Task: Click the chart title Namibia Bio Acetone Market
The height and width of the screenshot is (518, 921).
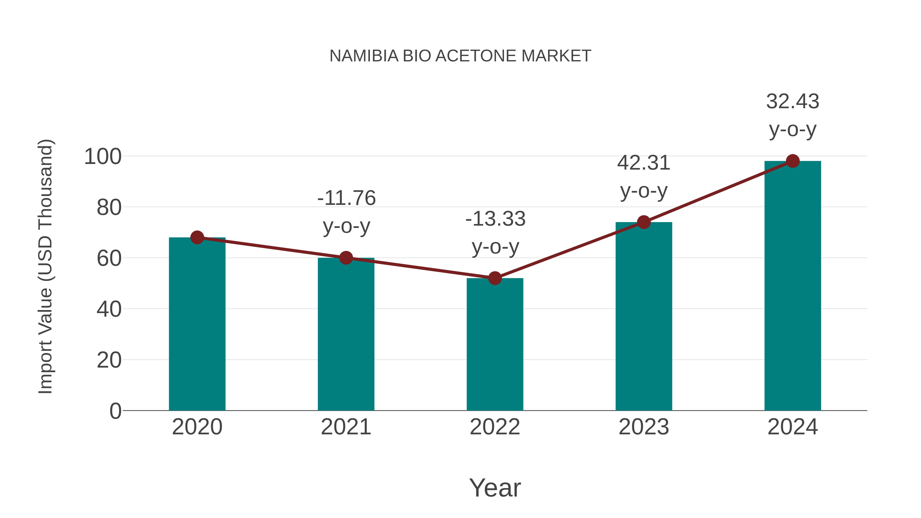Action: point(460,56)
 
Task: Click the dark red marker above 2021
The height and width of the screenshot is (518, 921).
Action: point(346,258)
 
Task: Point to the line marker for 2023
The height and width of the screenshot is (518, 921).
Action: point(644,222)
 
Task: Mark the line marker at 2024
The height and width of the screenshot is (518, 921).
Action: point(793,161)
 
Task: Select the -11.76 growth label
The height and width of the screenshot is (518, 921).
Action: point(346,198)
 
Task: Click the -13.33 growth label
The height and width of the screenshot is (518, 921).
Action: point(495,219)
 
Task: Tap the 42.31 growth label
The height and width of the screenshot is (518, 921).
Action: point(644,163)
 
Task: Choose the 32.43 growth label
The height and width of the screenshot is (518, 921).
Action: point(793,102)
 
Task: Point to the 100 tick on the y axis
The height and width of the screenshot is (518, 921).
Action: point(103,157)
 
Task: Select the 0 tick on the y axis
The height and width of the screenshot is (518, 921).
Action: point(115,411)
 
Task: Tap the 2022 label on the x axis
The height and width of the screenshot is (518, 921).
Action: point(495,427)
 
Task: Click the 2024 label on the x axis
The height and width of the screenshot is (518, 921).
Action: point(793,427)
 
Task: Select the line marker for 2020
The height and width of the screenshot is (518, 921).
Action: point(197,237)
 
